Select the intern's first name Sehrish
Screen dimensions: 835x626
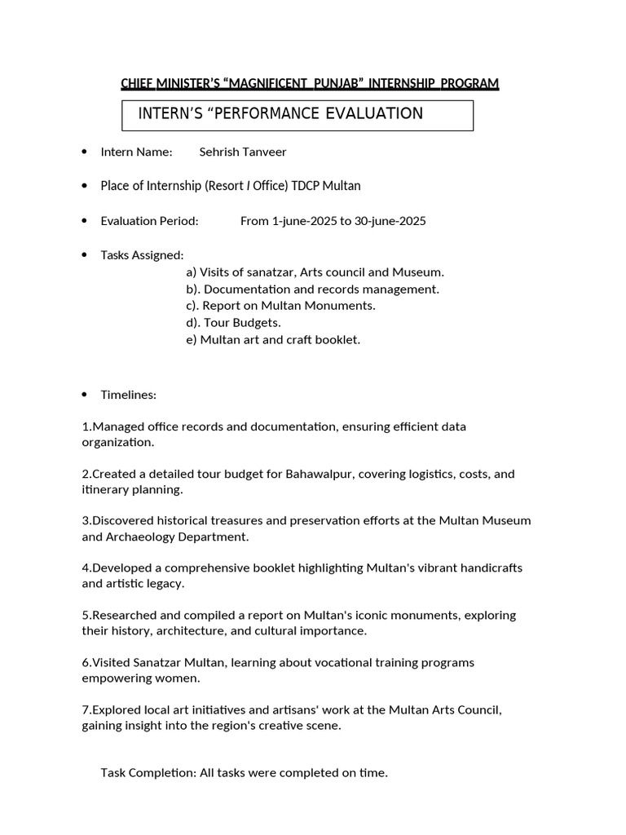[x=221, y=152]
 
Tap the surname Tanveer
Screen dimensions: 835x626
[x=267, y=152]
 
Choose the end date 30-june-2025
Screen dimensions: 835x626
[x=390, y=221]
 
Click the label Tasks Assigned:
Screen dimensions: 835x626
[x=142, y=255]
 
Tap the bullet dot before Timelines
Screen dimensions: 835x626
[x=85, y=395]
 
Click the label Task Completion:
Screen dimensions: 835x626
[x=148, y=772]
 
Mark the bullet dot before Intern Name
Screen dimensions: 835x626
[x=85, y=152]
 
